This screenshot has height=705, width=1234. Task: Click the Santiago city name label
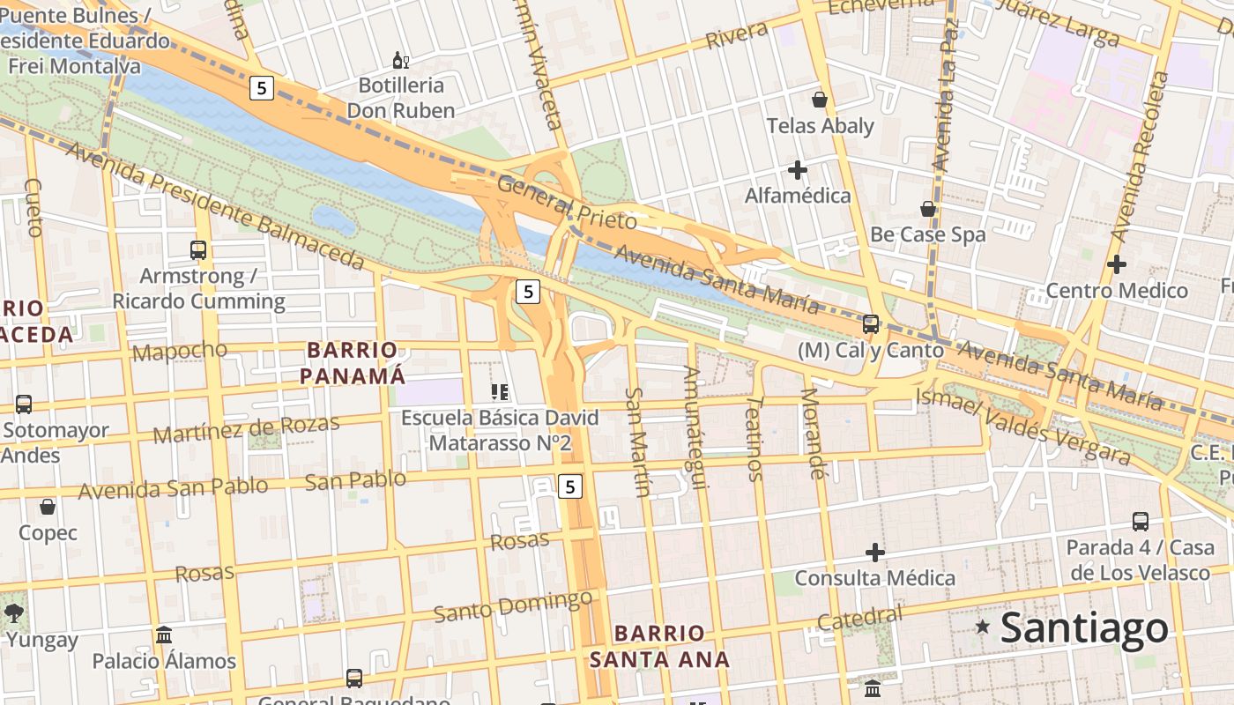(x=1084, y=628)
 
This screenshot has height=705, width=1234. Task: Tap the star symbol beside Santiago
(x=982, y=627)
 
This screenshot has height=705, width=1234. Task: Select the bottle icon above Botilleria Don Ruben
(x=400, y=60)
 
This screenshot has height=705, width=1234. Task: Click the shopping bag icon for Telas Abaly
(x=820, y=100)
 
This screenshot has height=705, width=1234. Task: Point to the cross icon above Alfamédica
(x=798, y=169)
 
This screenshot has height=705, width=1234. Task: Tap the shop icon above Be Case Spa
(x=927, y=209)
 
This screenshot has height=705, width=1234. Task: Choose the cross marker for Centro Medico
(x=1117, y=263)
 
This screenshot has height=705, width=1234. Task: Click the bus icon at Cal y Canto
(x=871, y=323)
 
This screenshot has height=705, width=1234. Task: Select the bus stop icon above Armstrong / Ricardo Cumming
(x=198, y=250)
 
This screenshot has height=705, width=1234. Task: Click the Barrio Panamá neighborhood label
(x=353, y=363)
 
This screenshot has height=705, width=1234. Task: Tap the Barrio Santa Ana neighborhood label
(x=659, y=646)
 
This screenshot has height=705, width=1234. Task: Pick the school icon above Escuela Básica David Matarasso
(x=500, y=391)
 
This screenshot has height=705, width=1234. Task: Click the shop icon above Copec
(x=48, y=507)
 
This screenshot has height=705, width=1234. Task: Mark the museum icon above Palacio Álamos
(x=164, y=634)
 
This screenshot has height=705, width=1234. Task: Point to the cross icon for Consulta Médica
(x=874, y=553)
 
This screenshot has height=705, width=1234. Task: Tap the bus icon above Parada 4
(x=1141, y=521)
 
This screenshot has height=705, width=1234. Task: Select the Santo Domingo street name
(x=513, y=606)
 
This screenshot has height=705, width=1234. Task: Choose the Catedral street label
(x=859, y=619)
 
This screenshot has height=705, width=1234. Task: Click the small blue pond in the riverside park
(x=334, y=219)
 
